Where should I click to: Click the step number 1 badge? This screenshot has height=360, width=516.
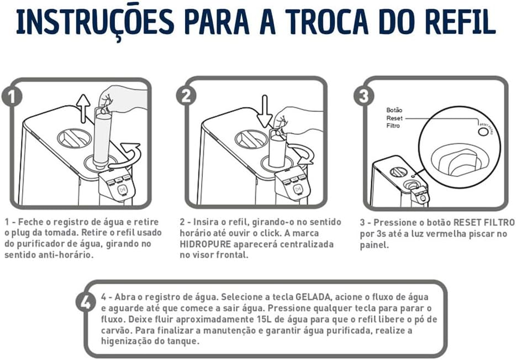[x=12, y=96]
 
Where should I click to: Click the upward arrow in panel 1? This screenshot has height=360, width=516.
[x=83, y=107]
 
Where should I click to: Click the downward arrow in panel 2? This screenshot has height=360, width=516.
[x=265, y=110]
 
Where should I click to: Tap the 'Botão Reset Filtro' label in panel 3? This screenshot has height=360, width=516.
[x=394, y=118]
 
